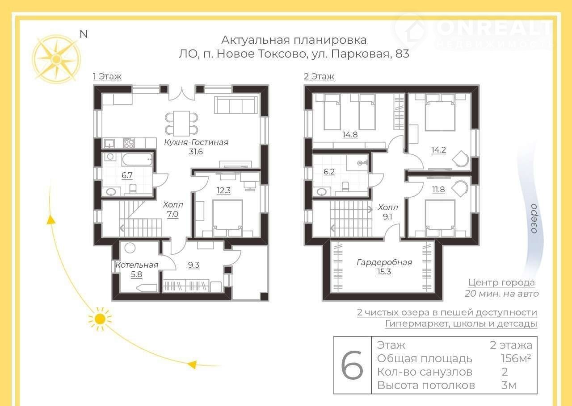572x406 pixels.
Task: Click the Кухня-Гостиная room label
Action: [196, 142]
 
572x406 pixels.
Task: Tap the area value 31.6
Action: [196, 152]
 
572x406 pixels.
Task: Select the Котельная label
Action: [137, 265]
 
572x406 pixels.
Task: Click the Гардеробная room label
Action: [384, 262]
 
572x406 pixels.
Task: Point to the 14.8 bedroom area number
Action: [350, 135]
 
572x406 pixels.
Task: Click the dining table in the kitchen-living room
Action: [181, 124]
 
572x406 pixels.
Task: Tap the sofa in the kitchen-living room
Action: [236, 105]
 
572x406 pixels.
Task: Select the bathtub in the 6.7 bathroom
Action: [137, 160]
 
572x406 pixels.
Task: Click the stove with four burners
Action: [129, 143]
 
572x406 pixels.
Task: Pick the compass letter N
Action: [84, 34]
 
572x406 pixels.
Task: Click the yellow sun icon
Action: [100, 319]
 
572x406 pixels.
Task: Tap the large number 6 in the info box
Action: [352, 365]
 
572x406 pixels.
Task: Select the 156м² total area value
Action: [516, 358]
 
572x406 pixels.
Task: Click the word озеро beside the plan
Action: [533, 219]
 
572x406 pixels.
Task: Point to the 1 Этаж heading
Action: [107, 76]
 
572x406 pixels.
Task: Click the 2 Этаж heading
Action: [319, 76]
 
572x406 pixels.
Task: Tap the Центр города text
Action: [501, 282]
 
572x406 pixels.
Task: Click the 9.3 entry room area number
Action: [193, 265]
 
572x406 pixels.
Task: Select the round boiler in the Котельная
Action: [130, 248]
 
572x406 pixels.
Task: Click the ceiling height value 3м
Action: [509, 385]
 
